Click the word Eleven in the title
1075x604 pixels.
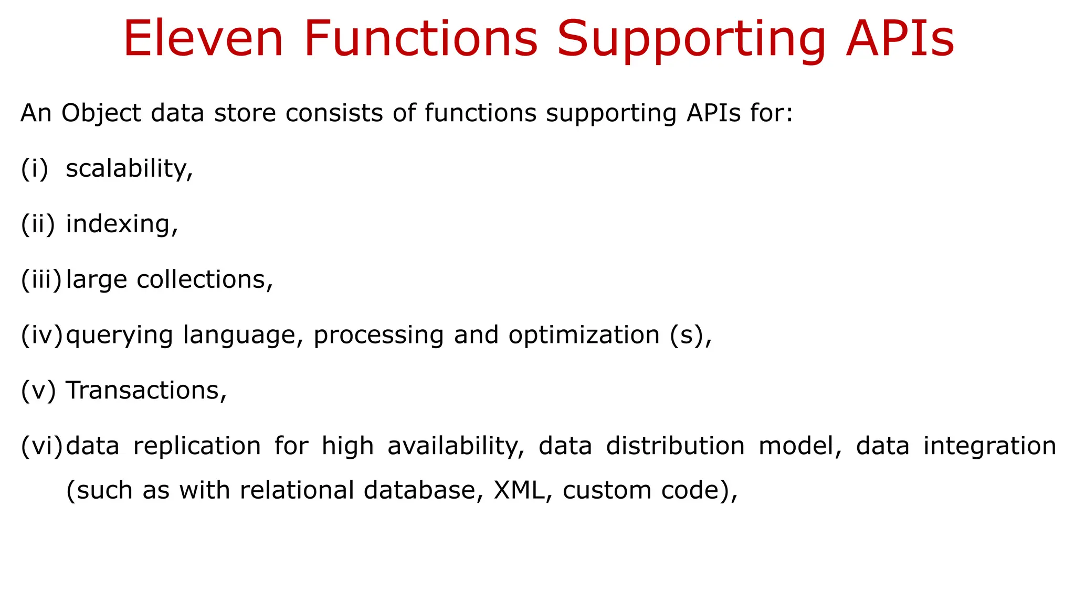tap(203, 39)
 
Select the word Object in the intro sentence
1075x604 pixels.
tap(101, 114)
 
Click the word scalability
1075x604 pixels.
tap(129, 169)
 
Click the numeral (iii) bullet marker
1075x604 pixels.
tap(41, 279)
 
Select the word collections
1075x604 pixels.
tap(205, 279)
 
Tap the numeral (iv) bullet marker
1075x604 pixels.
tap(41, 335)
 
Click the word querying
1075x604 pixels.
tap(119, 336)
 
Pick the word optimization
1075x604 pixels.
tap(584, 335)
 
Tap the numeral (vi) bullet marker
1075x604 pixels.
tap(41, 446)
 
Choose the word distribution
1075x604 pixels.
tap(675, 446)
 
